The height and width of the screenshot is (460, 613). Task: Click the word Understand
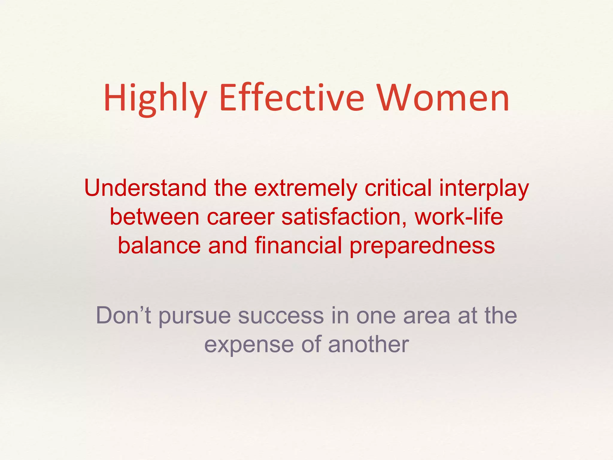click(x=145, y=188)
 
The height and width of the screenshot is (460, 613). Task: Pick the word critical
click(x=398, y=188)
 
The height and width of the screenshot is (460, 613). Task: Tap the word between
click(x=154, y=217)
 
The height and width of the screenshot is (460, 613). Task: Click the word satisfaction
click(x=344, y=217)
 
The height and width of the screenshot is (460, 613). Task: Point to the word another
click(x=368, y=344)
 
